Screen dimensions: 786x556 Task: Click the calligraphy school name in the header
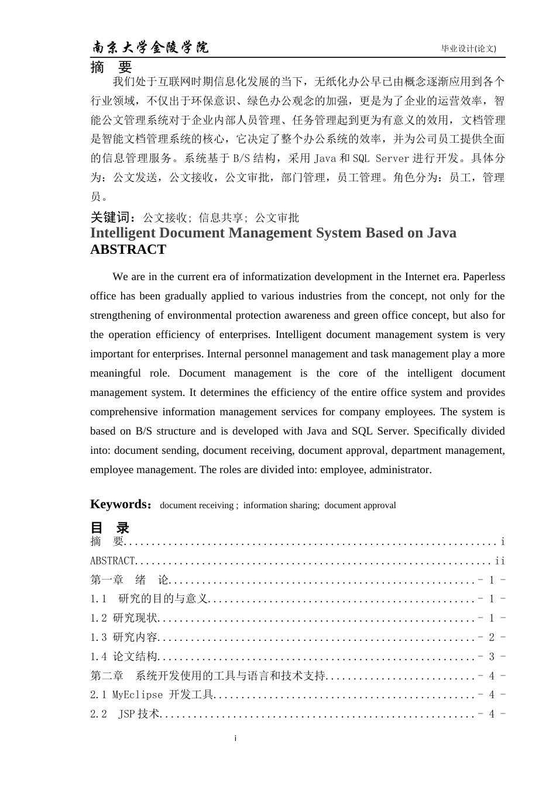150,47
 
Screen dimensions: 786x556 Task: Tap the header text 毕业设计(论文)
468,49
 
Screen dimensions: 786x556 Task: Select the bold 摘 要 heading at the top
111,67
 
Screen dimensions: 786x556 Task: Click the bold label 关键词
114,218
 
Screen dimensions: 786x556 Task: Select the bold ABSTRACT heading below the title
128,250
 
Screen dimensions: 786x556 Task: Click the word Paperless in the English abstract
482,277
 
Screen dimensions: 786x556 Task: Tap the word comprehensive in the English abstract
123,412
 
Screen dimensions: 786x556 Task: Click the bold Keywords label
121,504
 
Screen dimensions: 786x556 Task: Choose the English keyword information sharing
281,505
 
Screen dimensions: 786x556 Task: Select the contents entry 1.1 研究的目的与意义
150,598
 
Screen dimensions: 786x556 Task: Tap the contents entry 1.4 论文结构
124,656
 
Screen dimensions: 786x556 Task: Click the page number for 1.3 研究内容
492,637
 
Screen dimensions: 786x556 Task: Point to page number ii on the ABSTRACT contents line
500,561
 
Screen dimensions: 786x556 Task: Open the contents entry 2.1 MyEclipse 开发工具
152,695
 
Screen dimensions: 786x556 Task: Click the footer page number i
235,739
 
